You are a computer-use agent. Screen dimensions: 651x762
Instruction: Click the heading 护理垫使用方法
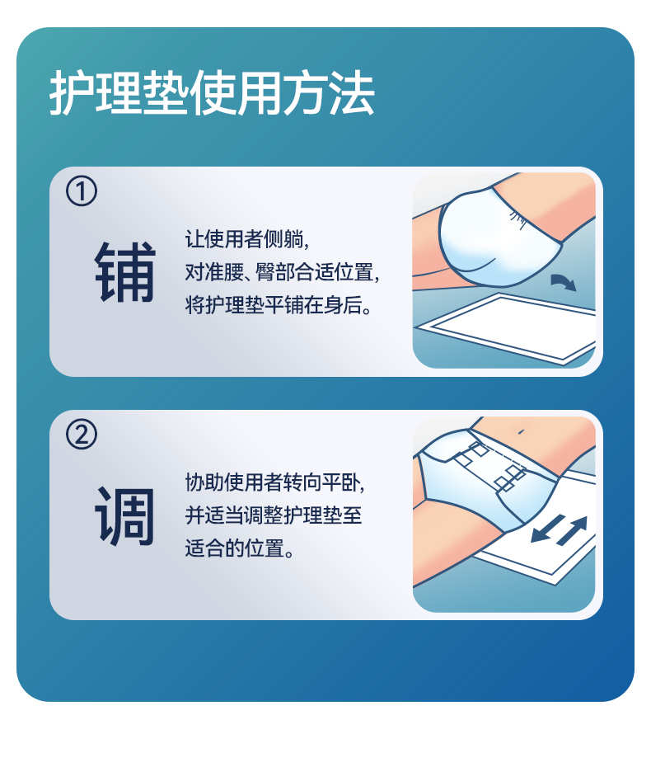(212, 92)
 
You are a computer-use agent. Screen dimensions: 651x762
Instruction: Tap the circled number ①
(82, 190)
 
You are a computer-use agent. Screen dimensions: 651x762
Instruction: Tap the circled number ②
(82, 434)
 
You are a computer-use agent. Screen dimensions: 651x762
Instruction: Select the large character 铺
(125, 271)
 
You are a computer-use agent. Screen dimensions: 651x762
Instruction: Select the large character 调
(125, 515)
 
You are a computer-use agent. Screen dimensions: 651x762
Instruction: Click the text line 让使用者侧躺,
(246, 239)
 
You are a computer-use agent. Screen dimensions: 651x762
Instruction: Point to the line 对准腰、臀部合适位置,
(282, 272)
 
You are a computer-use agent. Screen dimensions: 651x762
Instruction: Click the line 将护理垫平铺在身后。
(279, 305)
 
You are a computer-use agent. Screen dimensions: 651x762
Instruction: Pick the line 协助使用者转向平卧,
(274, 482)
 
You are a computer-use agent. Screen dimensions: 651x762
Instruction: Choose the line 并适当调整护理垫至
(274, 515)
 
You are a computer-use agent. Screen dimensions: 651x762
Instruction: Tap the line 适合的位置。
(239, 548)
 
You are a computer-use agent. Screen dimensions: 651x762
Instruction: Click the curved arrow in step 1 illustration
(563, 281)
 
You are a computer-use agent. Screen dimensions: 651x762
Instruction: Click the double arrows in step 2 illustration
(560, 529)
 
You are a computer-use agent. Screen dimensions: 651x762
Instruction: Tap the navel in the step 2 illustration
(521, 431)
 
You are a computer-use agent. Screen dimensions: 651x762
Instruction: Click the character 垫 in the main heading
(166, 92)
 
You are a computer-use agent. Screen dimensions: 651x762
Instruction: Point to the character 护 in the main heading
(72, 92)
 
